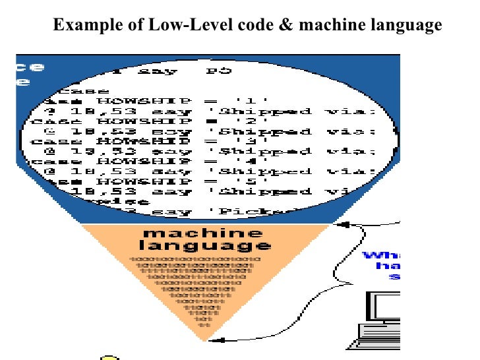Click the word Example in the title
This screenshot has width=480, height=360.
tap(84, 26)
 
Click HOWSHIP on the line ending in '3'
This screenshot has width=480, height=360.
tap(135, 141)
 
